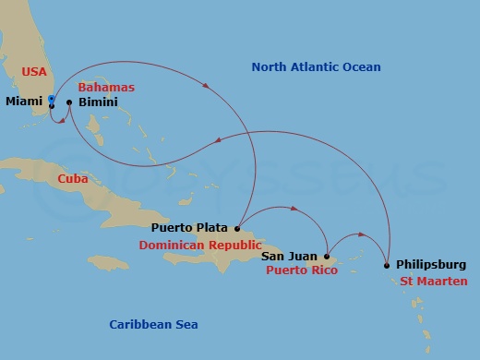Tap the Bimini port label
98,102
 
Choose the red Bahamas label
106,87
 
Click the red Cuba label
73,179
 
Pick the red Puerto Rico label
301,270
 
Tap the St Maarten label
434,281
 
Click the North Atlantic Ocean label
317,67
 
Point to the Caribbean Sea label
153,324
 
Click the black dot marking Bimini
69,102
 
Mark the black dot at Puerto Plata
237,228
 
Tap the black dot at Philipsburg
386,266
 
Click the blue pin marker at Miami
52,99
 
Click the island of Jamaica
110,263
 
